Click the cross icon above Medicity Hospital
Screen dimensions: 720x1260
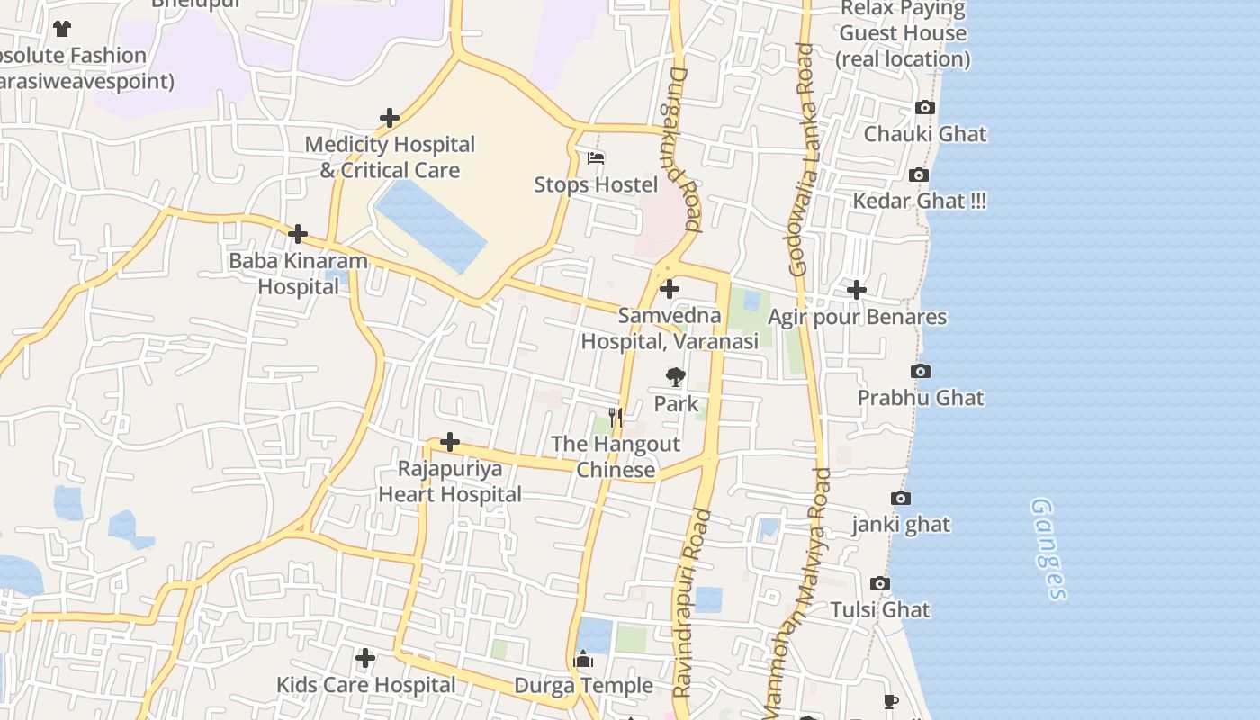click(x=389, y=118)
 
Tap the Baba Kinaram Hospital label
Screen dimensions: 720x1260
click(x=298, y=274)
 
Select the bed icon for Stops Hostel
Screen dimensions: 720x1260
click(x=595, y=158)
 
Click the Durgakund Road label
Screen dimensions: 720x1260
click(x=681, y=150)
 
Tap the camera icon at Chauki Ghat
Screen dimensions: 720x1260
click(x=924, y=108)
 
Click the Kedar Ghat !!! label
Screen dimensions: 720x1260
click(x=919, y=201)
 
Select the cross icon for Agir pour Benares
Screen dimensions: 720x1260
click(x=856, y=290)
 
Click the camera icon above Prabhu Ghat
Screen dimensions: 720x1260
click(x=920, y=371)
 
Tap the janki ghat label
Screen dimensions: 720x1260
click(x=901, y=524)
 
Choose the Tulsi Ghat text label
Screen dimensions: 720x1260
click(x=880, y=609)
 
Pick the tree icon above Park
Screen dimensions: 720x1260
click(x=675, y=377)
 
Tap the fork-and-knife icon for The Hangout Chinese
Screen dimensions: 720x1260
click(x=616, y=417)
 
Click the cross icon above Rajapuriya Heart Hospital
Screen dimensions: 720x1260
click(x=450, y=442)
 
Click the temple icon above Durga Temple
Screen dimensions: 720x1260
click(x=583, y=661)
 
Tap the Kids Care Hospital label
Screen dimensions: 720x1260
click(x=365, y=684)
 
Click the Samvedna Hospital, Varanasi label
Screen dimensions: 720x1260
click(x=669, y=328)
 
